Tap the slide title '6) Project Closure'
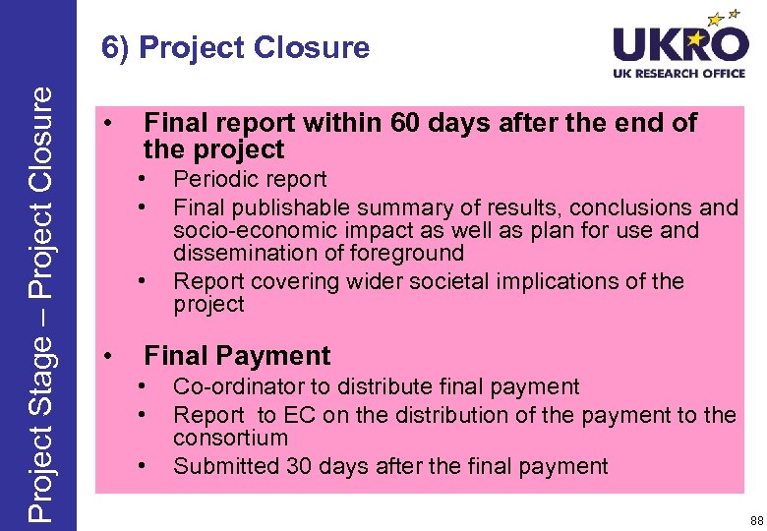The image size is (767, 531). (x=235, y=47)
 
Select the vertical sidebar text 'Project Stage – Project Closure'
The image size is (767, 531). (x=39, y=303)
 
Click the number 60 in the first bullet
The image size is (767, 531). (x=405, y=123)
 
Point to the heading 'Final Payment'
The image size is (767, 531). (x=237, y=355)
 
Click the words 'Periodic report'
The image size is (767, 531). (x=250, y=179)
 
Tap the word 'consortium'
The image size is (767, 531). (x=230, y=438)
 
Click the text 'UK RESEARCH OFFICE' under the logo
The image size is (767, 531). (x=680, y=74)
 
